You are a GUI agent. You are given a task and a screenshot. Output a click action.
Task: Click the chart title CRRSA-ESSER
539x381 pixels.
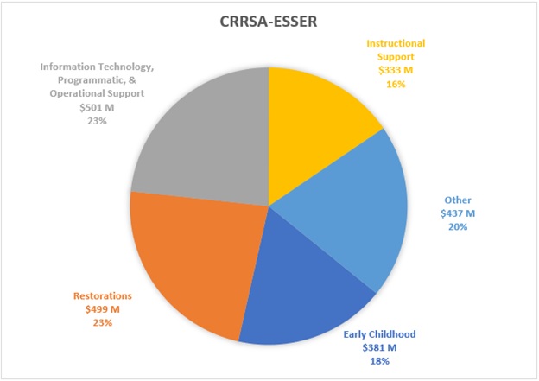tap(269, 21)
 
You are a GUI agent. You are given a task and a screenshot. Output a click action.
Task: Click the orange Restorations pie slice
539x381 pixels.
tap(190, 259)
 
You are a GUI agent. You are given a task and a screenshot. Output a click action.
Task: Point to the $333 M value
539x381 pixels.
tap(396, 71)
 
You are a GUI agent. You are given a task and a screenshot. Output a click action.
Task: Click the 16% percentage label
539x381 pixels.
tap(396, 85)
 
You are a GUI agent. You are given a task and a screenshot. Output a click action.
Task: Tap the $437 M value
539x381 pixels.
tap(457, 213)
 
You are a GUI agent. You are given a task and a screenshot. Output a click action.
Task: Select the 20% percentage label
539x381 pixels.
tap(457, 226)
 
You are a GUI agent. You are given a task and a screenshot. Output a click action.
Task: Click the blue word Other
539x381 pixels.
tap(457, 199)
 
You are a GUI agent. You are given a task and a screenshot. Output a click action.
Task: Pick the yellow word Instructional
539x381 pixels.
tap(396, 43)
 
